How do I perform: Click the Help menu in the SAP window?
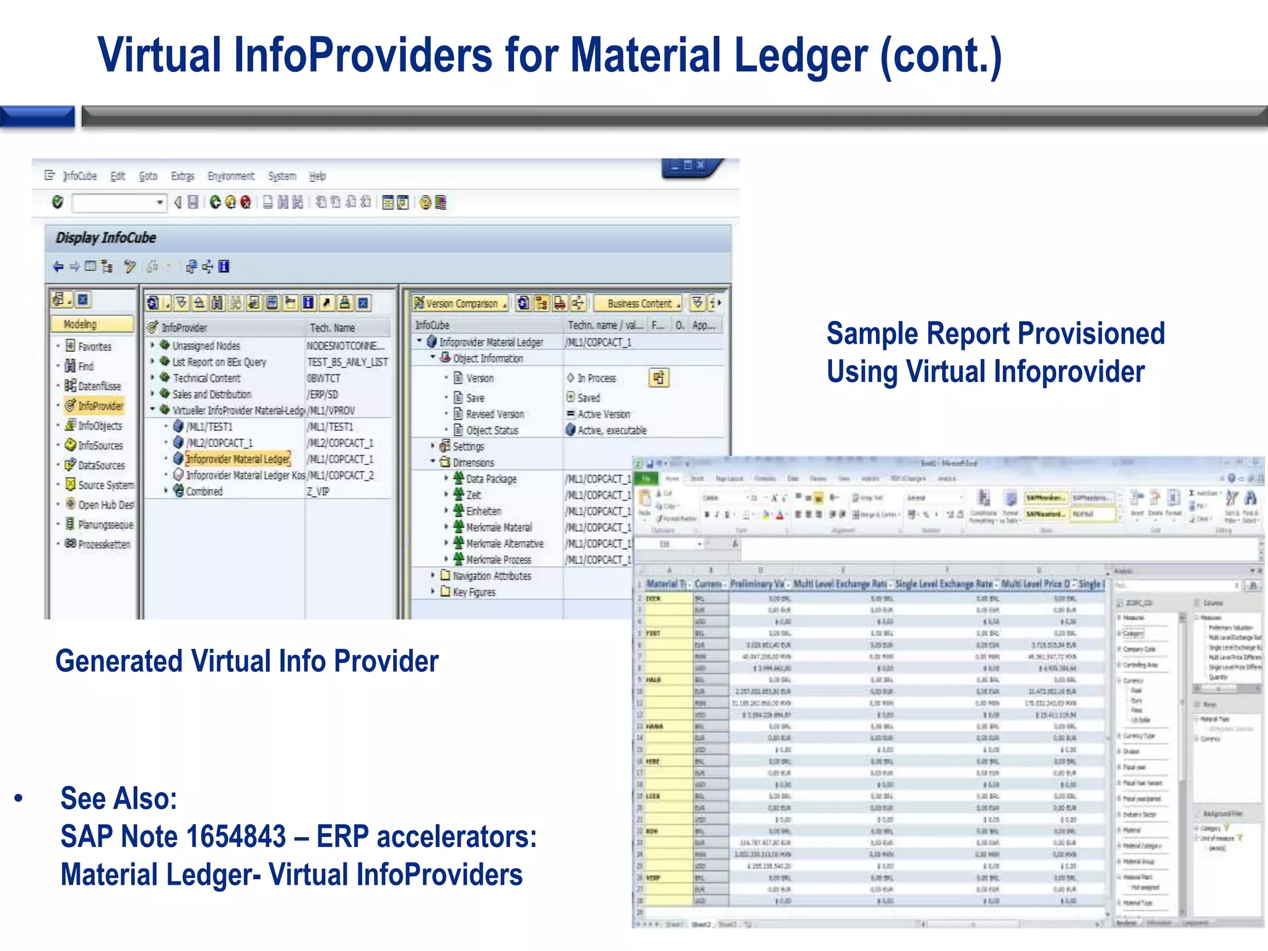click(x=317, y=176)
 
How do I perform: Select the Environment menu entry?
click(x=231, y=176)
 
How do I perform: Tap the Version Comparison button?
click(x=461, y=303)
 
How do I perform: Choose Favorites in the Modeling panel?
click(x=94, y=347)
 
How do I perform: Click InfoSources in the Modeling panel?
click(x=100, y=446)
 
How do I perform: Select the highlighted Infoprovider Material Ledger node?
click(x=238, y=459)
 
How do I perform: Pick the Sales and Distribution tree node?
click(x=211, y=394)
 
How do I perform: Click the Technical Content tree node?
click(x=206, y=378)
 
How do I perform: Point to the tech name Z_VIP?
click(x=318, y=492)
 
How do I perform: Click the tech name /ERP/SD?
click(x=323, y=394)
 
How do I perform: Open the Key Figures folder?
click(x=474, y=593)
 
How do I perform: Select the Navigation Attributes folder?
click(x=492, y=576)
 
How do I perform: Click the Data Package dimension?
click(x=491, y=479)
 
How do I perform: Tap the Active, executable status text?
click(x=612, y=430)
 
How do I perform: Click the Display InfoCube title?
click(x=106, y=238)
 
